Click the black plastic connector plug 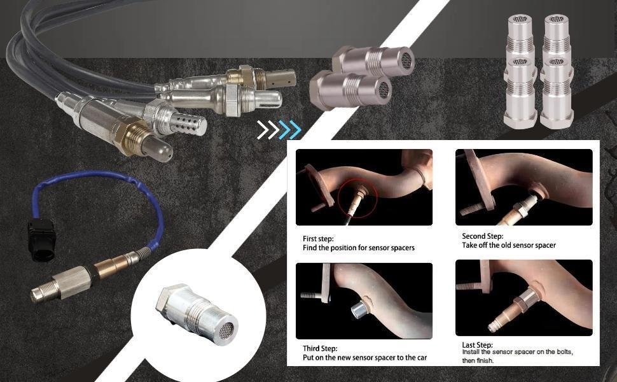pos(41,240)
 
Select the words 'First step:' pos(318,239)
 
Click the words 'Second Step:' pos(482,236)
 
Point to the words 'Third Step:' pos(320,348)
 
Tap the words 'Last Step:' pos(477,345)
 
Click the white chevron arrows pos(268,130)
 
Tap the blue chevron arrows pos(290,130)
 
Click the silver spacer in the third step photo pos(359,309)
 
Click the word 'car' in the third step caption pos(422,358)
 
